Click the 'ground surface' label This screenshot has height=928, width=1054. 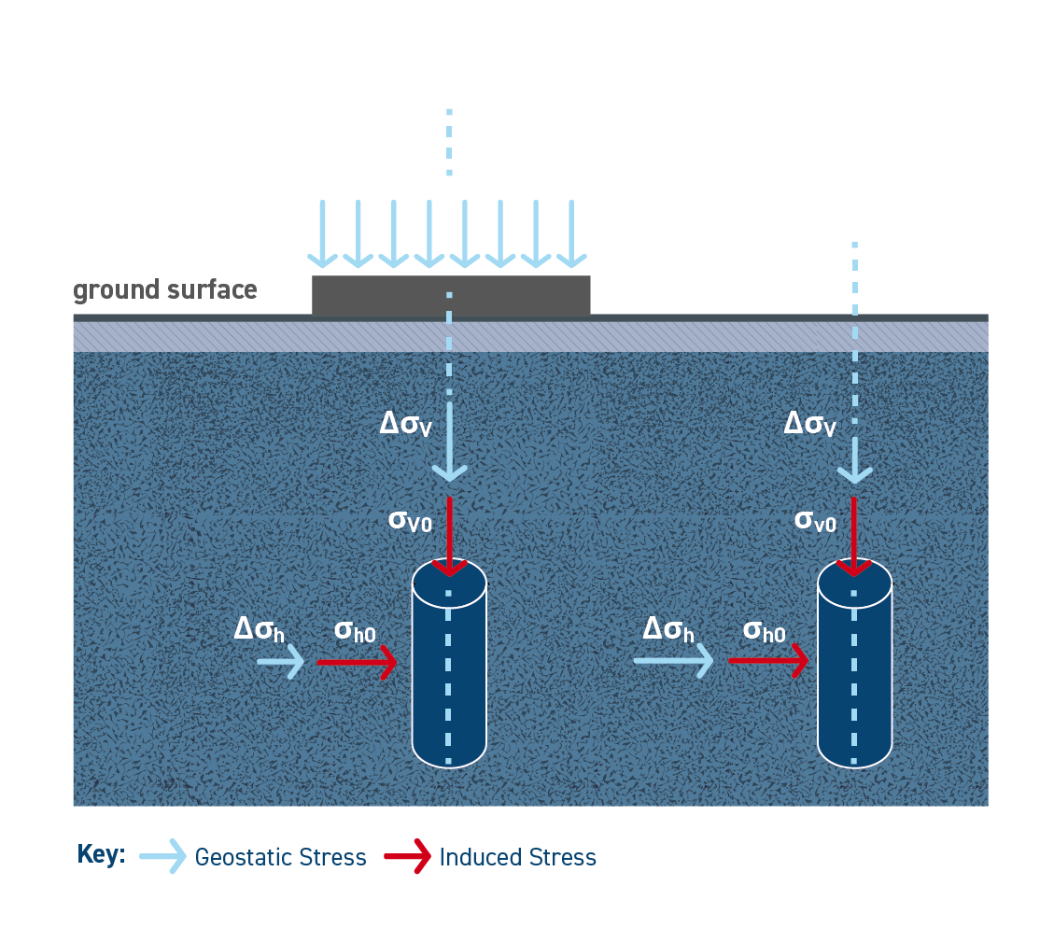pos(164,290)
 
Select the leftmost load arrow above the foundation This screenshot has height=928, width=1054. pos(322,233)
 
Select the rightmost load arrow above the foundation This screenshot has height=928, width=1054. pos(571,233)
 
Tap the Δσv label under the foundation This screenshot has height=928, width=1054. pos(405,425)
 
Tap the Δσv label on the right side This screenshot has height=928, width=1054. pos(809,425)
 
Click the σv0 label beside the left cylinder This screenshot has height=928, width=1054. pos(410,521)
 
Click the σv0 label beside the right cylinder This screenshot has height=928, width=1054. pos(815,521)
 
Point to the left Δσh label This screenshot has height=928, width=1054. pos(259,631)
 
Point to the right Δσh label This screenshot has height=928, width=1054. pos(668,630)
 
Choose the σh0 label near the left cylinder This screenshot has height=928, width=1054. pos(355,632)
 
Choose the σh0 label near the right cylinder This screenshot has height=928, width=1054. pos(764,632)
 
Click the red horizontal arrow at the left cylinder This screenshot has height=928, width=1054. pos(358,663)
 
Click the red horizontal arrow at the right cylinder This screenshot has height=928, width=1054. pos(767,662)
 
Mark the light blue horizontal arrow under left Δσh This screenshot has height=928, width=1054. pos(280,663)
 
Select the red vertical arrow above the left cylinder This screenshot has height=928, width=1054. pos(450,537)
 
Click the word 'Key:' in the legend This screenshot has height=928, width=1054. pos(101,855)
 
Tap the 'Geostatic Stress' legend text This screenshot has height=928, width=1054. pos(280,857)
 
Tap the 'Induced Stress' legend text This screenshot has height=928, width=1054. pos(517,857)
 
